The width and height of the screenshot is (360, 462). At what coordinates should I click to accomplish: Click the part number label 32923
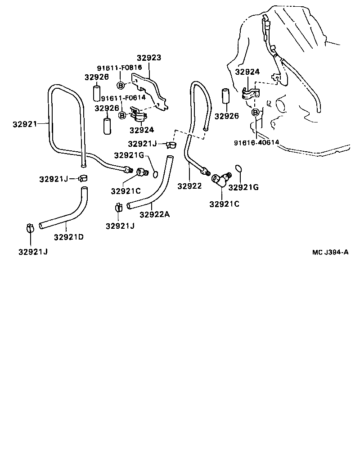[x=149, y=58]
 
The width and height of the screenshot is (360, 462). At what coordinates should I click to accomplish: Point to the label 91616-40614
[x=256, y=143]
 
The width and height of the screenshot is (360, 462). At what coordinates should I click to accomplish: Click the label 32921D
[x=68, y=237]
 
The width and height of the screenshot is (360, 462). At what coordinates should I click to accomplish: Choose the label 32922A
[x=154, y=215]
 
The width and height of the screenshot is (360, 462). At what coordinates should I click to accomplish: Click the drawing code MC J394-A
[x=331, y=252]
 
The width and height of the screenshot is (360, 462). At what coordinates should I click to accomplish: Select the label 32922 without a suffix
[x=189, y=186]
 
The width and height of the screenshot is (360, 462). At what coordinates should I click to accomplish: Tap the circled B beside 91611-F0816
[x=121, y=86]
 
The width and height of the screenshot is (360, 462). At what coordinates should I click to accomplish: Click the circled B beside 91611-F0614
[x=122, y=115]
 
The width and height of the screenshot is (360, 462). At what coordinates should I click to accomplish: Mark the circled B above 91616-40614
[x=255, y=112]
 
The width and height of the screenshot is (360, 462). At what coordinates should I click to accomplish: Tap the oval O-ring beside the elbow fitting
[x=238, y=169]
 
